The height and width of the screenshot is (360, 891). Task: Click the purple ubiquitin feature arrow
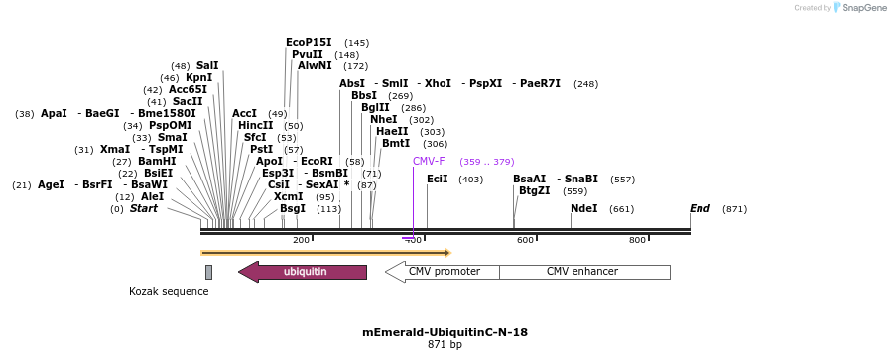pos(303,272)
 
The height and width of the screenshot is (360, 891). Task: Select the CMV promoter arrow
pos(442,272)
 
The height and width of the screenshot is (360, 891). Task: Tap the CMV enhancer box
pos(582,272)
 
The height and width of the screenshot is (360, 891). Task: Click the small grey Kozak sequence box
pos(208,272)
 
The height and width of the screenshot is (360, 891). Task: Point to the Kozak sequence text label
pos(169,291)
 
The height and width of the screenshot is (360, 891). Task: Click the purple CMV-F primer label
pos(429,161)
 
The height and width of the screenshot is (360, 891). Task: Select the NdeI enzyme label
pos(583,209)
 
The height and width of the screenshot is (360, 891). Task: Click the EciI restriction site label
pos(437,180)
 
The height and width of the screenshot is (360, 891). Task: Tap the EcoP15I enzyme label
pos(309,43)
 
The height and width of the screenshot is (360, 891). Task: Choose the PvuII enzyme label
pos(307,55)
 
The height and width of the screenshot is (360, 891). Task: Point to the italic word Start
pos(144,209)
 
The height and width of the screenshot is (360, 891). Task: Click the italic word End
pos(700,209)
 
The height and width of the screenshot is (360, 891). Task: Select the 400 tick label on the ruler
pos(413,240)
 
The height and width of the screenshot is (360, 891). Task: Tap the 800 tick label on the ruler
pos(637,240)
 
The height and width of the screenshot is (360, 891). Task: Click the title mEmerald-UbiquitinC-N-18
pos(445,333)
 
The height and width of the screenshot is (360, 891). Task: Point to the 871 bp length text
pos(445,345)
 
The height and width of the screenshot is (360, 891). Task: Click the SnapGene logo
pos(859,8)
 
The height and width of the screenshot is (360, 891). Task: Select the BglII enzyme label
pos(375,108)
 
